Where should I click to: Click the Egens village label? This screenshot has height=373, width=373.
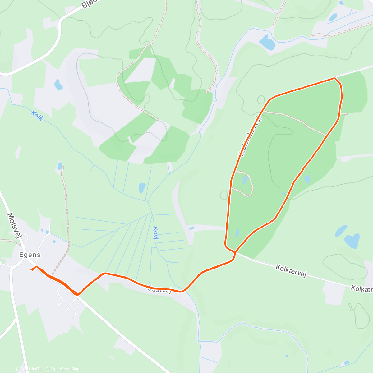[x=30, y=255]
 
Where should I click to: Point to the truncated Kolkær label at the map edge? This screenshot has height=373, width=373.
[x=362, y=289]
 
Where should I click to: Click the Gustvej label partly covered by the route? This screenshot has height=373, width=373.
[x=159, y=289]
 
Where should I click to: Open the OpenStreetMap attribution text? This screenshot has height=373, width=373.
[x=65, y=369]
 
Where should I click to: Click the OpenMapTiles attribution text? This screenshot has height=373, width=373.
[x=32, y=369]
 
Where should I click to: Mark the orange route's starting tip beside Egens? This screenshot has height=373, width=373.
[x=31, y=269]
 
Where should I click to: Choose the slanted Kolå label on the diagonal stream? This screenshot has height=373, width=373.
[x=37, y=116]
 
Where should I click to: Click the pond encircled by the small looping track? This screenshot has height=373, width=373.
[x=245, y=180]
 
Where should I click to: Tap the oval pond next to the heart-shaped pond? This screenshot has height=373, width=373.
[x=341, y=231]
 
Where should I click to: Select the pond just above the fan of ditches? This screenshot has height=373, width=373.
[x=142, y=188]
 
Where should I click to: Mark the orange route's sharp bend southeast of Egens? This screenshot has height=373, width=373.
[x=78, y=294]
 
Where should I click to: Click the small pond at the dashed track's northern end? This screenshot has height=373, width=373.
[x=59, y=166]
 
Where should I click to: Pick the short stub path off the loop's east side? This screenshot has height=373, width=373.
[x=344, y=114]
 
